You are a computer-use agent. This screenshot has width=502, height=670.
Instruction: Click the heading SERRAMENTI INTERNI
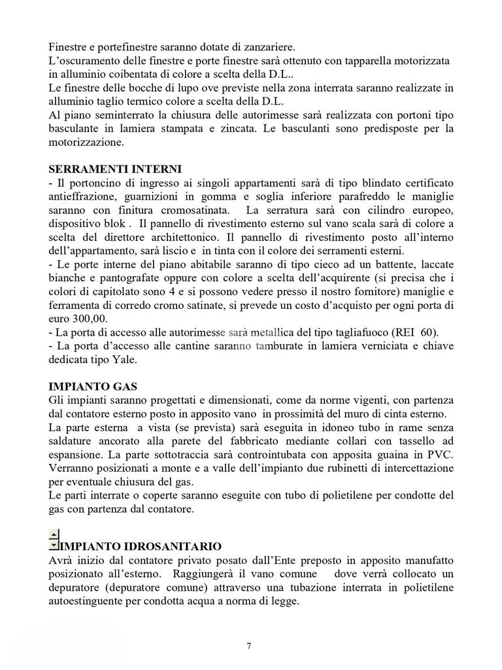(x=115, y=169)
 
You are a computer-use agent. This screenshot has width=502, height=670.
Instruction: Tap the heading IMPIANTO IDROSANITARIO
(x=141, y=546)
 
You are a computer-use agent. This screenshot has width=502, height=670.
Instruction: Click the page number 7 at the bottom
(x=249, y=646)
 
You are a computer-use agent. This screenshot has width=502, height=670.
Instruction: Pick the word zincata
(x=229, y=128)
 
